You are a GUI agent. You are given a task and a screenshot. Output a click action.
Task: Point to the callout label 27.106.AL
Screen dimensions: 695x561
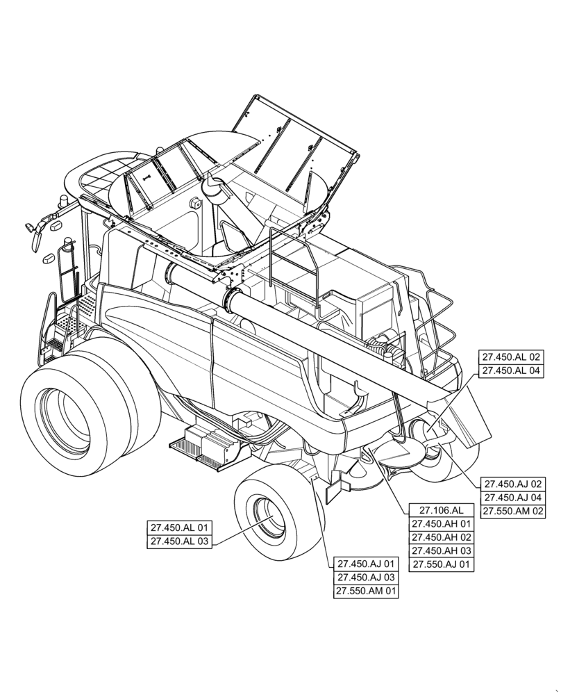[441, 509]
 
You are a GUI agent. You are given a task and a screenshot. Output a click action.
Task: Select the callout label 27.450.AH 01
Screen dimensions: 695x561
[441, 523]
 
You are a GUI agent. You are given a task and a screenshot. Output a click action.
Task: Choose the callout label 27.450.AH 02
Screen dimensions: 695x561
[441, 537]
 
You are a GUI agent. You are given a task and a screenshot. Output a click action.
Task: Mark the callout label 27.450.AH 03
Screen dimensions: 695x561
[441, 551]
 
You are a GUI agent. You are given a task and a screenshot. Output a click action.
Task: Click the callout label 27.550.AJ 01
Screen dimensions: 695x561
[441, 565]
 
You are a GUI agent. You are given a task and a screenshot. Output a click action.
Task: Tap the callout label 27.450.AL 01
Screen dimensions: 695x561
[179, 527]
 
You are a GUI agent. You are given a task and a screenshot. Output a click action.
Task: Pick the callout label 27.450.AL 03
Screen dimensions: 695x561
[179, 541]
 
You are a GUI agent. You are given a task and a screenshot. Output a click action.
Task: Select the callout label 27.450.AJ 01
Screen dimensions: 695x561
[366, 564]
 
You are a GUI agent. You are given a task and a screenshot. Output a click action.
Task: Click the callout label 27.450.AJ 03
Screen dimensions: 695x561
[366, 578]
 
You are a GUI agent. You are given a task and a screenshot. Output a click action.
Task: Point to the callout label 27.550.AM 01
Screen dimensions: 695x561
[366, 591]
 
